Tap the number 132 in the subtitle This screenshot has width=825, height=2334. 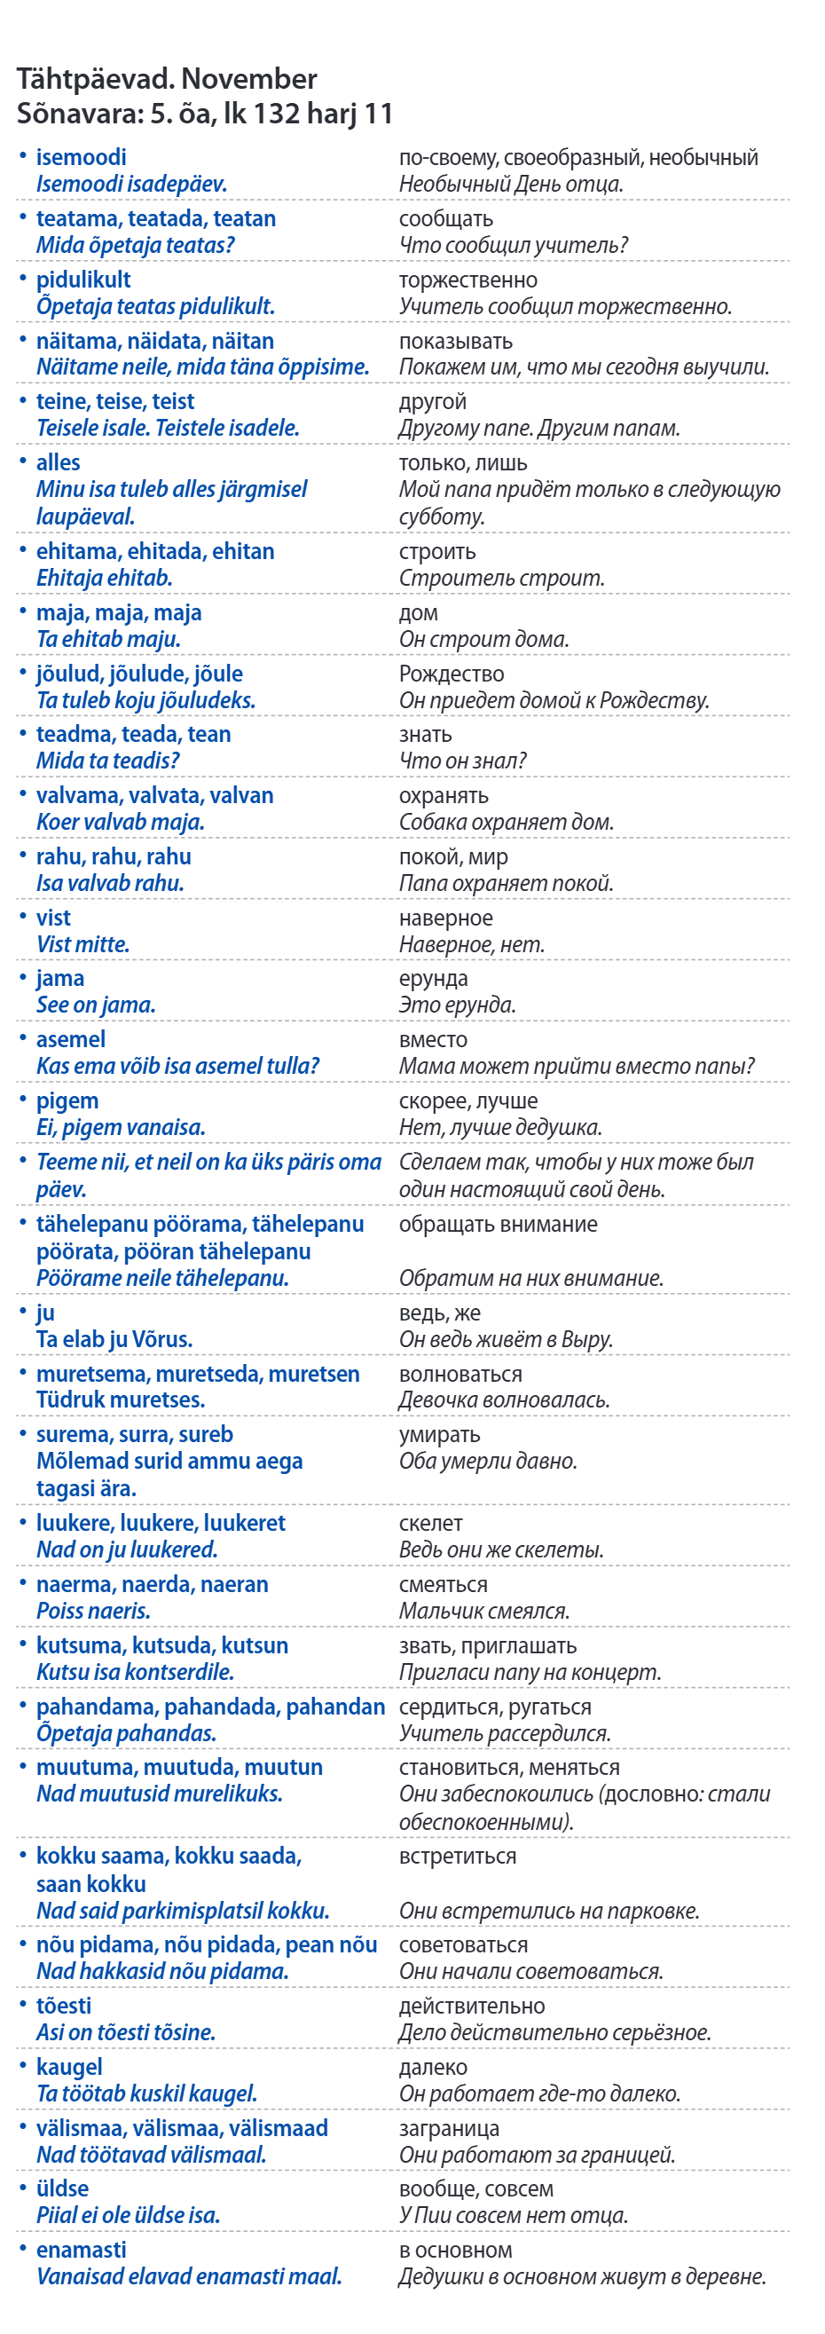click(x=276, y=114)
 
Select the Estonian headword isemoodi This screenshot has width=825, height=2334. click(x=81, y=157)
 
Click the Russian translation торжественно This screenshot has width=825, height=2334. click(x=467, y=280)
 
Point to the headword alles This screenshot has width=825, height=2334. click(x=58, y=462)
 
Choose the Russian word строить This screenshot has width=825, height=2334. click(x=436, y=551)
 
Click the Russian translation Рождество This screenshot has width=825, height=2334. click(x=451, y=674)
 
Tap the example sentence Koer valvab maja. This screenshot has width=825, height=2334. click(x=120, y=822)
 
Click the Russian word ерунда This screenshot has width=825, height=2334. click(x=433, y=979)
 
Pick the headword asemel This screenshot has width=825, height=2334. click(x=71, y=1039)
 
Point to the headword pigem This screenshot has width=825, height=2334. click(x=67, y=1100)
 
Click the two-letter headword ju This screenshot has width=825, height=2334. click(x=45, y=1313)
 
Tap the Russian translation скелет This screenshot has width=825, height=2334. click(x=431, y=1523)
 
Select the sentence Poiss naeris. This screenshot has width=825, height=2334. click(x=92, y=1611)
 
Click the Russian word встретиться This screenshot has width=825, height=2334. click(x=458, y=1856)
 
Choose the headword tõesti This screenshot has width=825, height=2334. click(x=63, y=2006)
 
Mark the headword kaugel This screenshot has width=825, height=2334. click(x=69, y=2067)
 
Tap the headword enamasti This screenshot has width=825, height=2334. click(x=81, y=2250)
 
